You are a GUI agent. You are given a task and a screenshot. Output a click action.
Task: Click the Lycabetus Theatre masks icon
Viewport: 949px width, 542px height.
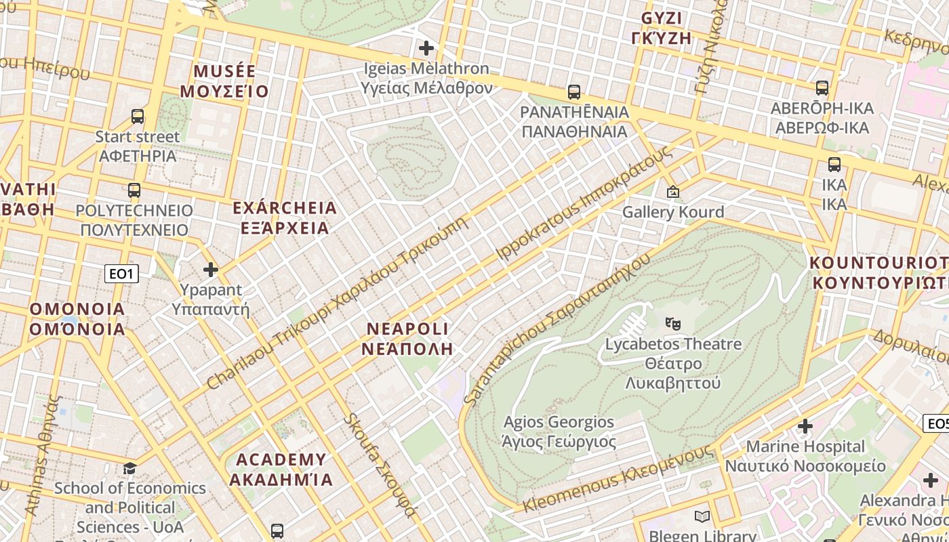tap(672, 323)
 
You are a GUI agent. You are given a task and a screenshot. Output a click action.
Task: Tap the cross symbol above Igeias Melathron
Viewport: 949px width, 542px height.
tap(426, 48)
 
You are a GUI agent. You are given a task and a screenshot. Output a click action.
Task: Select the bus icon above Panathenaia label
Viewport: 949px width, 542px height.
tap(574, 92)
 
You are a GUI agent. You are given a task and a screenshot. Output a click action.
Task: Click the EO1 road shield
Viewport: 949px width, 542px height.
tap(122, 274)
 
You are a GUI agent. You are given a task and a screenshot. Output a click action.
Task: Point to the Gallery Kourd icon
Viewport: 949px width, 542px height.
tap(673, 192)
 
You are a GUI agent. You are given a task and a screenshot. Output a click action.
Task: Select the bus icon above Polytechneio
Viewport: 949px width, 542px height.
tap(134, 190)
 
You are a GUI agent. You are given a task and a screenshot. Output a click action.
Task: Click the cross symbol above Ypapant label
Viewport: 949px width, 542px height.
tap(211, 270)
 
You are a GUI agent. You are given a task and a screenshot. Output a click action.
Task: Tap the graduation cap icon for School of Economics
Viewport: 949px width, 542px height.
tap(129, 468)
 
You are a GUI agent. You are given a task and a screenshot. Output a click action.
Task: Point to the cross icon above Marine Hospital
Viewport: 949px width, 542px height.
tap(805, 426)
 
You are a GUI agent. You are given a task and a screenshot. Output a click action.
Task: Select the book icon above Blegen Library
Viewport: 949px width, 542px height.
tap(702, 517)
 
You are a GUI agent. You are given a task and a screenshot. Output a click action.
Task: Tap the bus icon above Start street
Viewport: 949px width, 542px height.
tap(138, 117)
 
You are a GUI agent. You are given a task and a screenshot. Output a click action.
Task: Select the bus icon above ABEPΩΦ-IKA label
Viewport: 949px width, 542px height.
tap(822, 88)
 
